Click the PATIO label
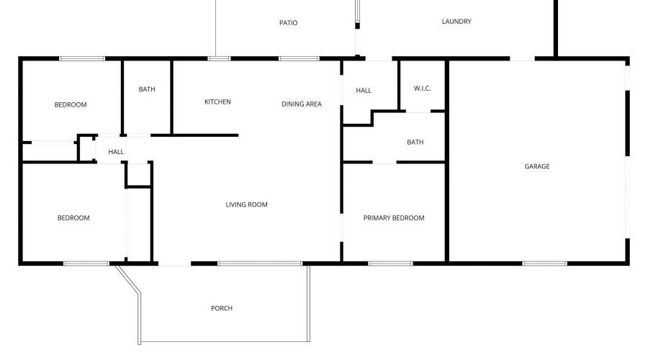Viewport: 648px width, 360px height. pyautogui.click(x=288, y=23)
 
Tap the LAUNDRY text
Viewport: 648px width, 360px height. pyautogui.click(x=456, y=22)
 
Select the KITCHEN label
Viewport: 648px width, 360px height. pyautogui.click(x=217, y=102)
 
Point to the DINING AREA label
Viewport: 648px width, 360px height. pyautogui.click(x=301, y=104)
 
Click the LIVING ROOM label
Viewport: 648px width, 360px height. pyautogui.click(x=246, y=204)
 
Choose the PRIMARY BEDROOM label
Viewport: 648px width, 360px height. pyautogui.click(x=393, y=218)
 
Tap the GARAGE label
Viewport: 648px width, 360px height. pyautogui.click(x=537, y=166)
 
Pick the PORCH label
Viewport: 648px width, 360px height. pyautogui.click(x=222, y=308)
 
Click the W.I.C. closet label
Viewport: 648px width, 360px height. pyautogui.click(x=422, y=89)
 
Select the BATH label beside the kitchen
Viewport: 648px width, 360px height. pyautogui.click(x=147, y=89)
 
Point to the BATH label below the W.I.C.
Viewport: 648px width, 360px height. pyautogui.click(x=415, y=142)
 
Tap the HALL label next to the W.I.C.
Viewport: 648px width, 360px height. pyautogui.click(x=364, y=91)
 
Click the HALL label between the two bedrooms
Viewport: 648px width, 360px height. pyautogui.click(x=116, y=152)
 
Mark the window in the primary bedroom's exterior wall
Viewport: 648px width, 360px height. pyautogui.click(x=390, y=264)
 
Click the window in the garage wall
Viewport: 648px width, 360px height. pyautogui.click(x=545, y=264)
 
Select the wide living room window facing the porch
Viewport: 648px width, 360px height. pyautogui.click(x=259, y=264)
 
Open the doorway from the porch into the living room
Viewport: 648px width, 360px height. pyautogui.click(x=174, y=264)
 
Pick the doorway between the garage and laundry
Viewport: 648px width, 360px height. pyautogui.click(x=522, y=59)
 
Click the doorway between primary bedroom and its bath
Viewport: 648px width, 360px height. pyautogui.click(x=384, y=162)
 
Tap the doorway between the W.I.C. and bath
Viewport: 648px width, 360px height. pyautogui.click(x=418, y=111)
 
